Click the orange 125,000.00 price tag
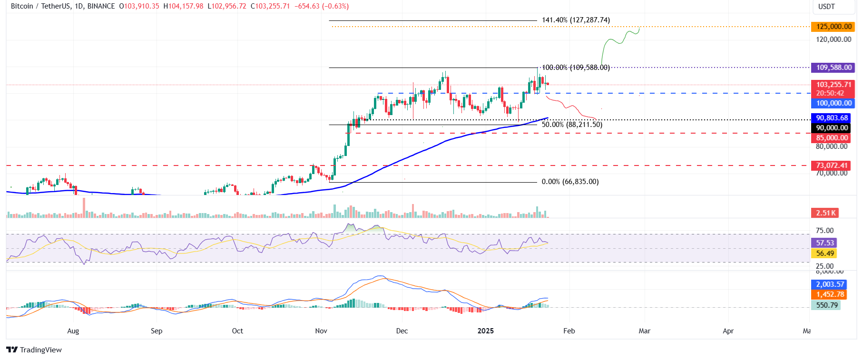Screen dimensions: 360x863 click(834, 27)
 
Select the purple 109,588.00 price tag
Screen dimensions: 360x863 click(834, 68)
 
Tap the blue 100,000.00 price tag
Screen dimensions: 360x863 click(834, 103)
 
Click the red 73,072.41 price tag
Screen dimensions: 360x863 click(831, 165)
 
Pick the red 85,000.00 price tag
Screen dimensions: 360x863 click(832, 138)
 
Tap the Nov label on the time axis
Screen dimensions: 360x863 click(321, 331)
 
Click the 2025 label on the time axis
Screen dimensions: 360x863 click(486, 331)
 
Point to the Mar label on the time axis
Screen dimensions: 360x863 click(644, 331)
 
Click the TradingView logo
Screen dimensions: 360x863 click(34, 350)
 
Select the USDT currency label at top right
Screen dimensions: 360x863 click(826, 7)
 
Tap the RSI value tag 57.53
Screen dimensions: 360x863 click(825, 243)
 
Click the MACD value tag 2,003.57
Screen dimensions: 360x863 click(830, 284)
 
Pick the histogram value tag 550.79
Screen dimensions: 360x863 click(826, 305)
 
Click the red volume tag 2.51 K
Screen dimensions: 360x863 click(825, 213)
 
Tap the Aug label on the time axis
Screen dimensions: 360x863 click(73, 331)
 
